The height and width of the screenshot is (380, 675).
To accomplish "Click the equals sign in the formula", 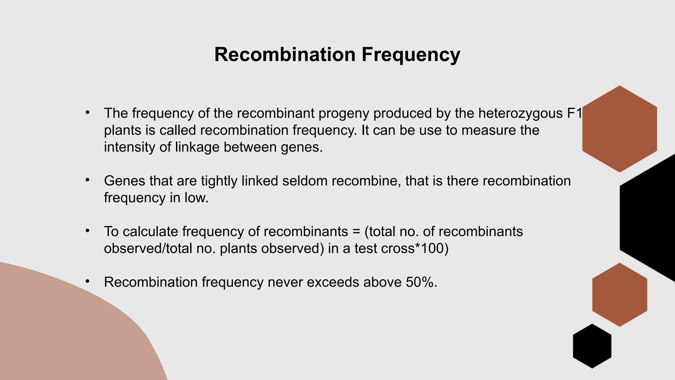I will click(x=356, y=232).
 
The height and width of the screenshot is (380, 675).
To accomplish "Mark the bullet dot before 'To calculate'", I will click(x=87, y=231).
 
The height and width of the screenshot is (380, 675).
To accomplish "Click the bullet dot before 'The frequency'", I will click(x=87, y=112).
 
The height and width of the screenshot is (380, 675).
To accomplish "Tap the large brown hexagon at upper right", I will click(x=619, y=129).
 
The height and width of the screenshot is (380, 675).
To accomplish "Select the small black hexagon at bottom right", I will click(x=592, y=346).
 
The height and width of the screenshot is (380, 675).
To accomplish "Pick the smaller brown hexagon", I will click(x=619, y=295).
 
